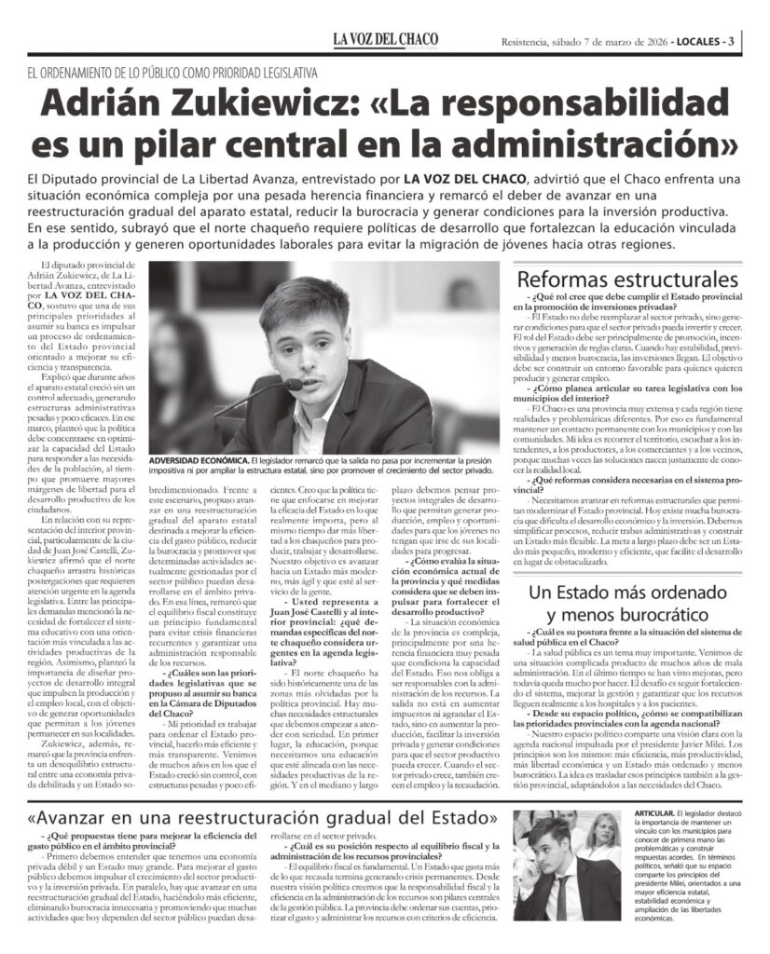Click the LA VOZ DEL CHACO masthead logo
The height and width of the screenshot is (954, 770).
[385, 40]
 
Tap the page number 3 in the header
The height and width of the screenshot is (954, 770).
[733, 41]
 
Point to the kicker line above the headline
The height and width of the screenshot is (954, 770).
[172, 72]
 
